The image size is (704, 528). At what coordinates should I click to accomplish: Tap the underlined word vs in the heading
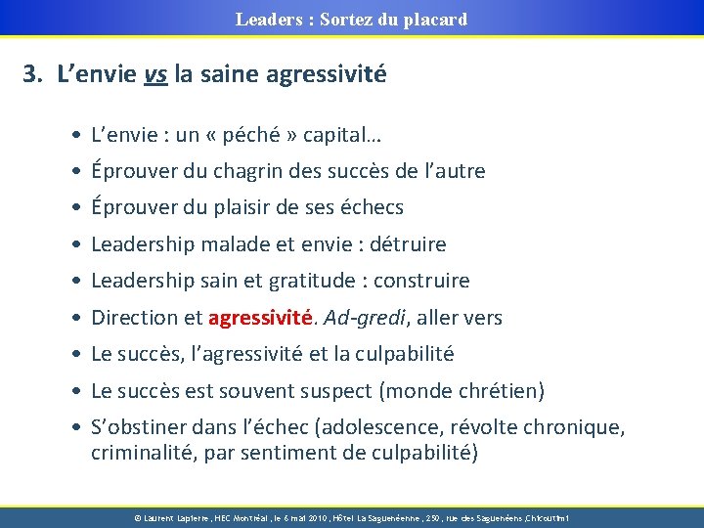point(154,73)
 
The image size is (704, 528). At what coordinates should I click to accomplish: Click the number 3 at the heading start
point(31,73)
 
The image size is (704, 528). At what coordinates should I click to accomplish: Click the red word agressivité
point(259,318)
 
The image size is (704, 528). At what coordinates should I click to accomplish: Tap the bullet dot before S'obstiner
point(75,427)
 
